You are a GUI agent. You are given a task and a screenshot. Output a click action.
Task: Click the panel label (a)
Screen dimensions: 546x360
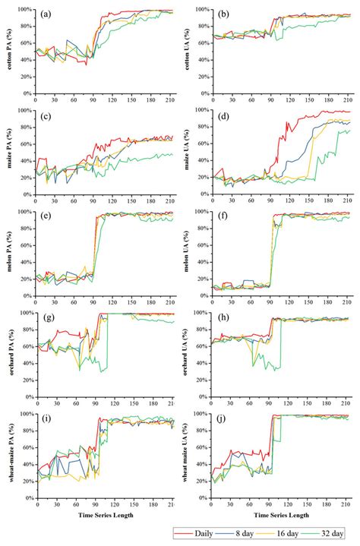(47, 14)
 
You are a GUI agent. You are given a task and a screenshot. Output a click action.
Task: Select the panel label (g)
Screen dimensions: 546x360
(47, 319)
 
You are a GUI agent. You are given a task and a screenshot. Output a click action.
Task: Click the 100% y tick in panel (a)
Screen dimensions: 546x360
(24, 10)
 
